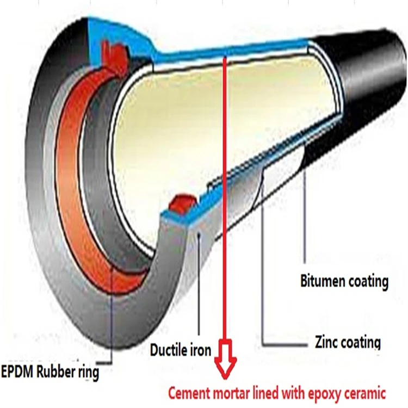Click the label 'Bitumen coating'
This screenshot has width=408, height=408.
tap(344, 281)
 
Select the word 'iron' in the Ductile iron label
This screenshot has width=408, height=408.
tap(200, 350)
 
